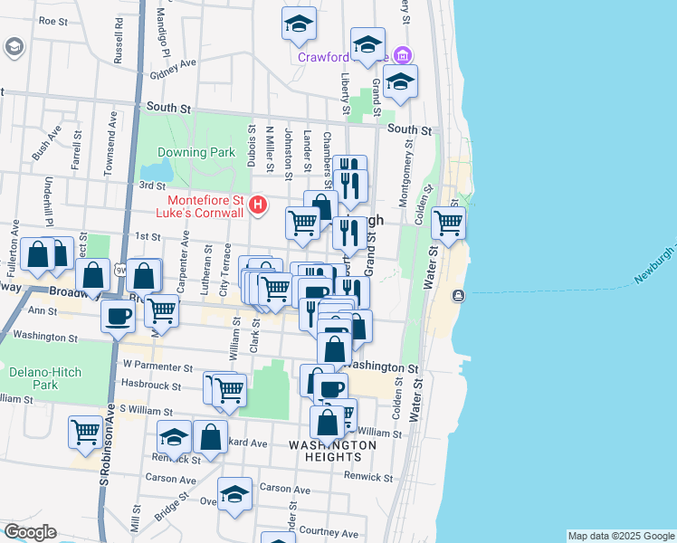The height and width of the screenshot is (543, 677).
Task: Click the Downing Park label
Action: (x=195, y=152)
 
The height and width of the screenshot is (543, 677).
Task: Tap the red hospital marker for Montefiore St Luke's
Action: (x=258, y=206)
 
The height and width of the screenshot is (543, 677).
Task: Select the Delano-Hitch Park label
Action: (x=33, y=377)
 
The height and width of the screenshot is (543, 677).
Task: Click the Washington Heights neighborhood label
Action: (x=332, y=451)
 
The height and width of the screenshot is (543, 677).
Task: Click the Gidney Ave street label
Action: (x=174, y=69)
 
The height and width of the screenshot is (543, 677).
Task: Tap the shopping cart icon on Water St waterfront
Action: (x=448, y=223)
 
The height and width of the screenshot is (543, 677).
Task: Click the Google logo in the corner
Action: (x=29, y=532)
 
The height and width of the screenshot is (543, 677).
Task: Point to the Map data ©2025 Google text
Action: (x=621, y=537)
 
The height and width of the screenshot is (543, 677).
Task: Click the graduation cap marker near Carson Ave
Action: (x=234, y=494)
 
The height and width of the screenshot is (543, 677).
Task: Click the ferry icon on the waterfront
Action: (x=459, y=295)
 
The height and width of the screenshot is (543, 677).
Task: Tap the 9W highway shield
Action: (x=120, y=270)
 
